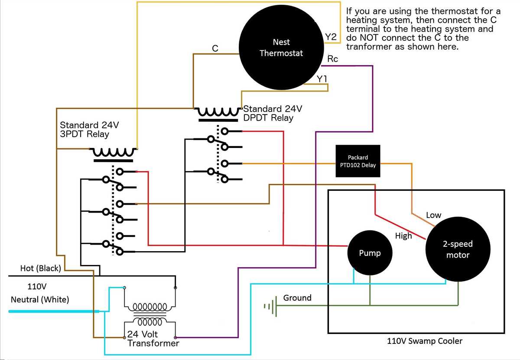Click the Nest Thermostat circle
tap(281, 47)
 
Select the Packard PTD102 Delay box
tap(358, 161)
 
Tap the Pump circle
tap(370, 253)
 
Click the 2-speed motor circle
tap(458, 249)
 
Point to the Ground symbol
tap(271, 306)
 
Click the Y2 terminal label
tap(331, 37)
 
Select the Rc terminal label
tap(332, 59)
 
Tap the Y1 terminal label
tap(322, 79)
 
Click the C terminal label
tap(215, 48)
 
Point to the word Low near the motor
tap(433, 215)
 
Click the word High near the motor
tap(403, 236)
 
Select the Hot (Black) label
tap(41, 268)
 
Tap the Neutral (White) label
tap(40, 299)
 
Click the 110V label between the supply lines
tap(37, 286)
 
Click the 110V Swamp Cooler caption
tap(425, 341)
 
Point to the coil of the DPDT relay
tap(218, 112)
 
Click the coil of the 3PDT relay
tap(113, 153)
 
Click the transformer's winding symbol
tap(150, 314)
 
